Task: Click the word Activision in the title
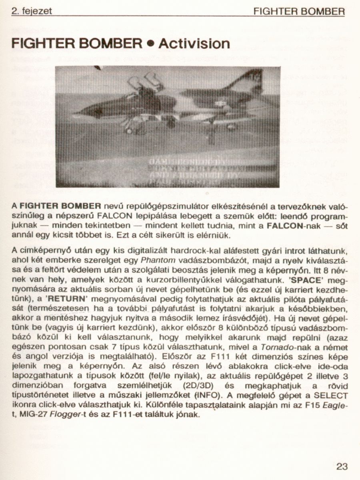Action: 194,43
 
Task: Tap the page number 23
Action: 342,466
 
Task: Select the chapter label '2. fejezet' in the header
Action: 32,12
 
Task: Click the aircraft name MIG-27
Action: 33,414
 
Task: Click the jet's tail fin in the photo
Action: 250,82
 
